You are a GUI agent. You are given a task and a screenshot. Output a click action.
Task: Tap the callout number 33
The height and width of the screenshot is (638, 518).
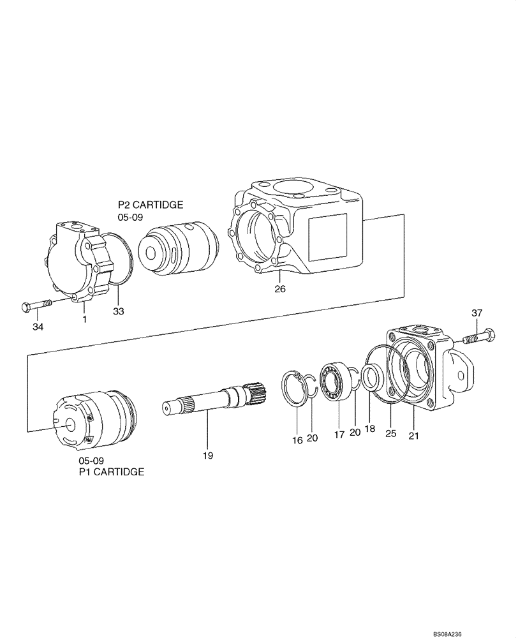click(119, 311)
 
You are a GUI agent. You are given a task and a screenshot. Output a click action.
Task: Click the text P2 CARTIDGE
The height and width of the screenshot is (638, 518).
click(151, 205)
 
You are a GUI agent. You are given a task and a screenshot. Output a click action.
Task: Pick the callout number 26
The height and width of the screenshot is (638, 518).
click(279, 289)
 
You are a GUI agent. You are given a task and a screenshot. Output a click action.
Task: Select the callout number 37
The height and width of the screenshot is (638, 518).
click(477, 313)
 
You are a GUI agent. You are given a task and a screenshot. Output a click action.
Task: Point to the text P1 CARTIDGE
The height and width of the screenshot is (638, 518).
click(111, 472)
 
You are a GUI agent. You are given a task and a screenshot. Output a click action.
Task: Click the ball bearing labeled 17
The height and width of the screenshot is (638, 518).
click(336, 381)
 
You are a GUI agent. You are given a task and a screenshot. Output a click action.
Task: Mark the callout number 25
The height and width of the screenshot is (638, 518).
click(391, 434)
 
